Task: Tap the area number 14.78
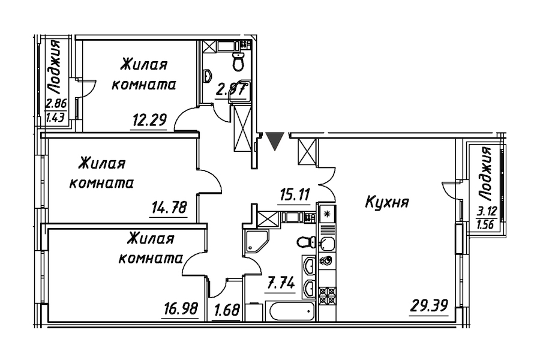tap(167, 209)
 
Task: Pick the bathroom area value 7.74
tap(280, 282)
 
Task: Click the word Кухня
tap(388, 202)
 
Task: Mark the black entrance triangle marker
tap(275, 141)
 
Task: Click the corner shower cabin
tap(254, 240)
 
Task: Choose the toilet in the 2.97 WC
tap(239, 61)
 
